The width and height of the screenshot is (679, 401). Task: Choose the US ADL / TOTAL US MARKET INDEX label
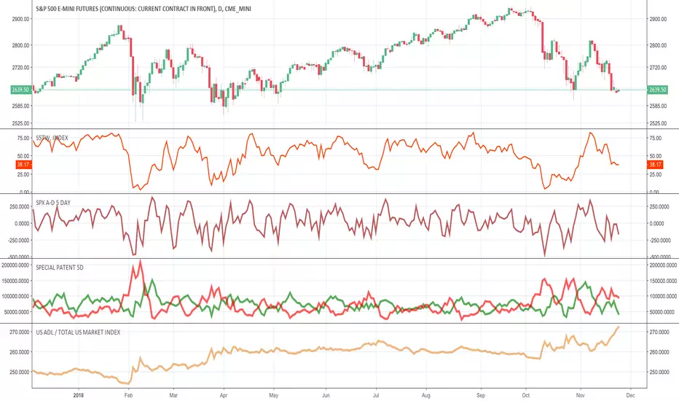click(78, 332)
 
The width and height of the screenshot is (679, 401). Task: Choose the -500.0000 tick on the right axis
click(660, 256)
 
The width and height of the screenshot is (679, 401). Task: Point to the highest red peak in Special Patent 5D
click(139, 260)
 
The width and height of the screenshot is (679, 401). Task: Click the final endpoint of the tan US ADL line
click(619, 327)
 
